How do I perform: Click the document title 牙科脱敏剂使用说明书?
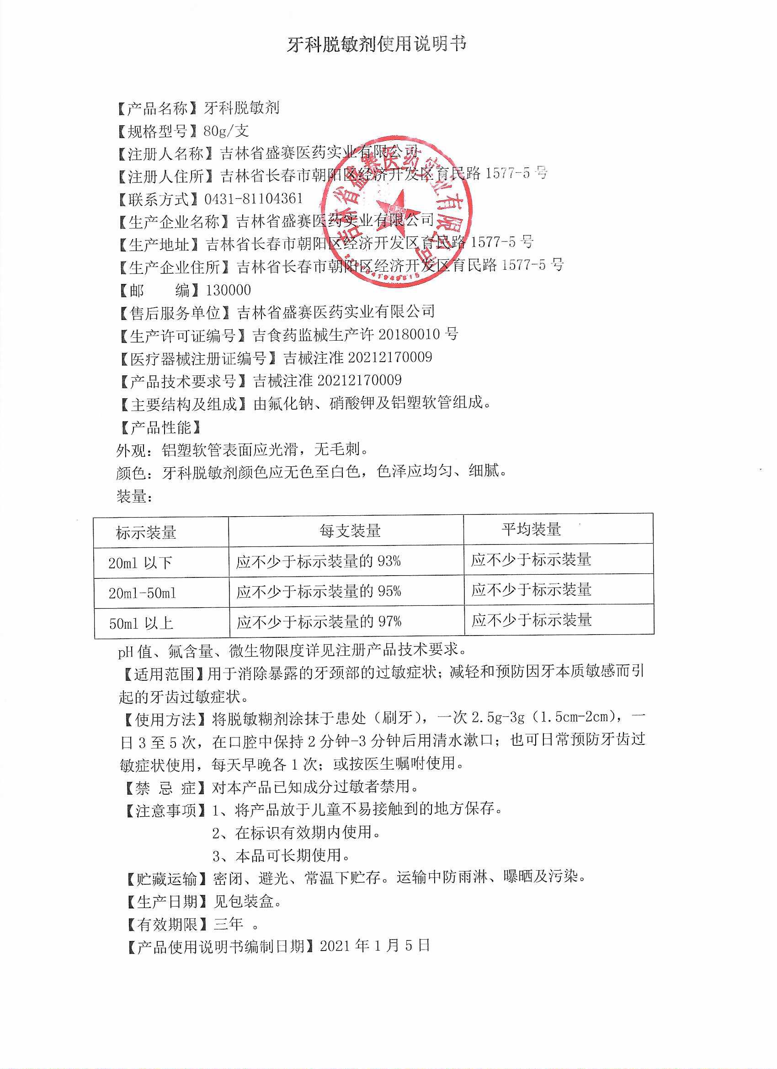click(377, 44)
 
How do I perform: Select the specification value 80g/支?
click(226, 131)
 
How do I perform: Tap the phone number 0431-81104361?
click(254, 198)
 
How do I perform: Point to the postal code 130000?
click(229, 290)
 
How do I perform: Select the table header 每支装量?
click(350, 531)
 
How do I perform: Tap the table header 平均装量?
click(531, 529)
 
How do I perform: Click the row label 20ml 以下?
click(140, 563)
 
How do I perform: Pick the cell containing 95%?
click(319, 592)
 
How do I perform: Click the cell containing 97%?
click(319, 622)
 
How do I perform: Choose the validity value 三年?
click(229, 925)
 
